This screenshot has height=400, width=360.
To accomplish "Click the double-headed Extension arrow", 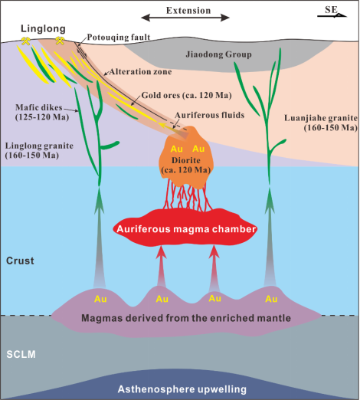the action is click(185, 18).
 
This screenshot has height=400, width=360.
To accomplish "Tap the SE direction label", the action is click(331, 10).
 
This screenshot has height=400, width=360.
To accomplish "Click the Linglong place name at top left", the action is click(43, 28).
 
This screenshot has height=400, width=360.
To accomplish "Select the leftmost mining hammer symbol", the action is click(25, 41).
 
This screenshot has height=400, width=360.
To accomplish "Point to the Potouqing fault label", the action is click(119, 38).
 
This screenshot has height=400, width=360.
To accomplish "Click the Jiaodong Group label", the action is click(218, 54).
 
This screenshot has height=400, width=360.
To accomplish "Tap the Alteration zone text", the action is click(140, 72).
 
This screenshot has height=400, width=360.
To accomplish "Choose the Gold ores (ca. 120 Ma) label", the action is click(186, 95).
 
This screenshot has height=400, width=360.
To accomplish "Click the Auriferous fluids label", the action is click(209, 115).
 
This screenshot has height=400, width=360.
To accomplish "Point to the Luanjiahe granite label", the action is click(321, 123).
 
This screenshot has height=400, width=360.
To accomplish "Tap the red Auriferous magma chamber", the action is click(185, 228).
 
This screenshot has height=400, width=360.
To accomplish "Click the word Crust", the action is click(20, 261).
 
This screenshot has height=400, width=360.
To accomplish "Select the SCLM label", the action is click(21, 355).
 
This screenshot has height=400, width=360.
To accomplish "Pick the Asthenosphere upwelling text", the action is click(182, 389).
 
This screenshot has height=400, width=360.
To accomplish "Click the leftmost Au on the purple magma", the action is click(100, 299).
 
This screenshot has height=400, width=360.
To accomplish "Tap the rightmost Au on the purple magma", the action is click(271, 299).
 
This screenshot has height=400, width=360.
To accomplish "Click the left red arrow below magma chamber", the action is click(161, 266).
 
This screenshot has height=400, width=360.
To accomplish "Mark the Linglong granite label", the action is click(39, 150).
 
